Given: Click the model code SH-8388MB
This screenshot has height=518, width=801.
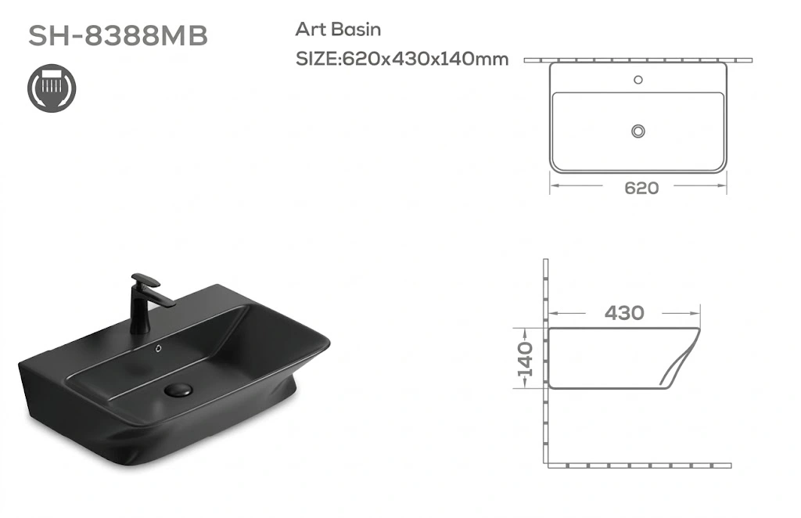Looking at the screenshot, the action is (x=118, y=36).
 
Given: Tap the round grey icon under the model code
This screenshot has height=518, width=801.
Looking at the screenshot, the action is (x=52, y=88).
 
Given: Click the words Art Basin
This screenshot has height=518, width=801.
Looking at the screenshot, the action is (x=338, y=29).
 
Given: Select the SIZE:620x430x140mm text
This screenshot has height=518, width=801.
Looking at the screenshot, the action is (x=402, y=59).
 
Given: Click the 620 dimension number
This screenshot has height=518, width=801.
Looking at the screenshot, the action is (x=641, y=188).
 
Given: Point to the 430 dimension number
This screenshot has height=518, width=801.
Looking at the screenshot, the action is (x=624, y=313).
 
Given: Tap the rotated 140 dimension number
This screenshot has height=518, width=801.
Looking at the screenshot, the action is (x=525, y=359).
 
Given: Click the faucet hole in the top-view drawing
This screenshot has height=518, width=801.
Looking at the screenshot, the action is (x=638, y=80).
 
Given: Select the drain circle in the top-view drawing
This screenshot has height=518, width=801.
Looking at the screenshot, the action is (x=638, y=131).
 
